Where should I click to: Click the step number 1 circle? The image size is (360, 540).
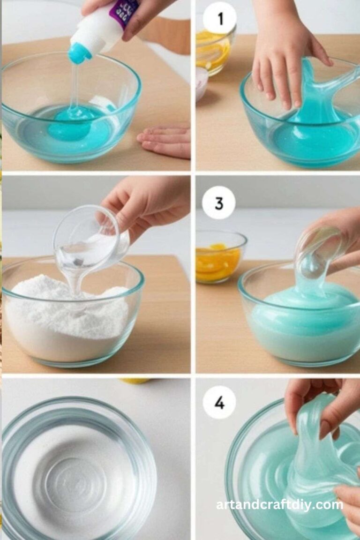tap(220, 18)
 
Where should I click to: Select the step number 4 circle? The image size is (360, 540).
tap(219, 402)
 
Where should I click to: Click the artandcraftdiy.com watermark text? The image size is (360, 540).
tap(279, 505)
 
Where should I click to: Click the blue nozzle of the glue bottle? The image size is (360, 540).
tap(79, 52)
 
